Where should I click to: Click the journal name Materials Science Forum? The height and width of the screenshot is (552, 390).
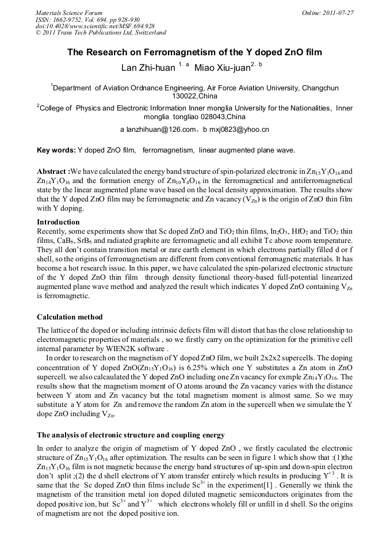coord(69,12)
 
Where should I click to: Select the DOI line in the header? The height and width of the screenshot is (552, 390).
coord(95,26)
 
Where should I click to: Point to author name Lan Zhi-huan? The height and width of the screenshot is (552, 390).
coord(148,68)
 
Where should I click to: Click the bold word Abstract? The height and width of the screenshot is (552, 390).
coord(53,172)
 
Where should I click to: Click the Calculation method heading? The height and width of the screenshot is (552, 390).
coord(70,317)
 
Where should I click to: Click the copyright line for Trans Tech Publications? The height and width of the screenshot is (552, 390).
coord(101,33)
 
